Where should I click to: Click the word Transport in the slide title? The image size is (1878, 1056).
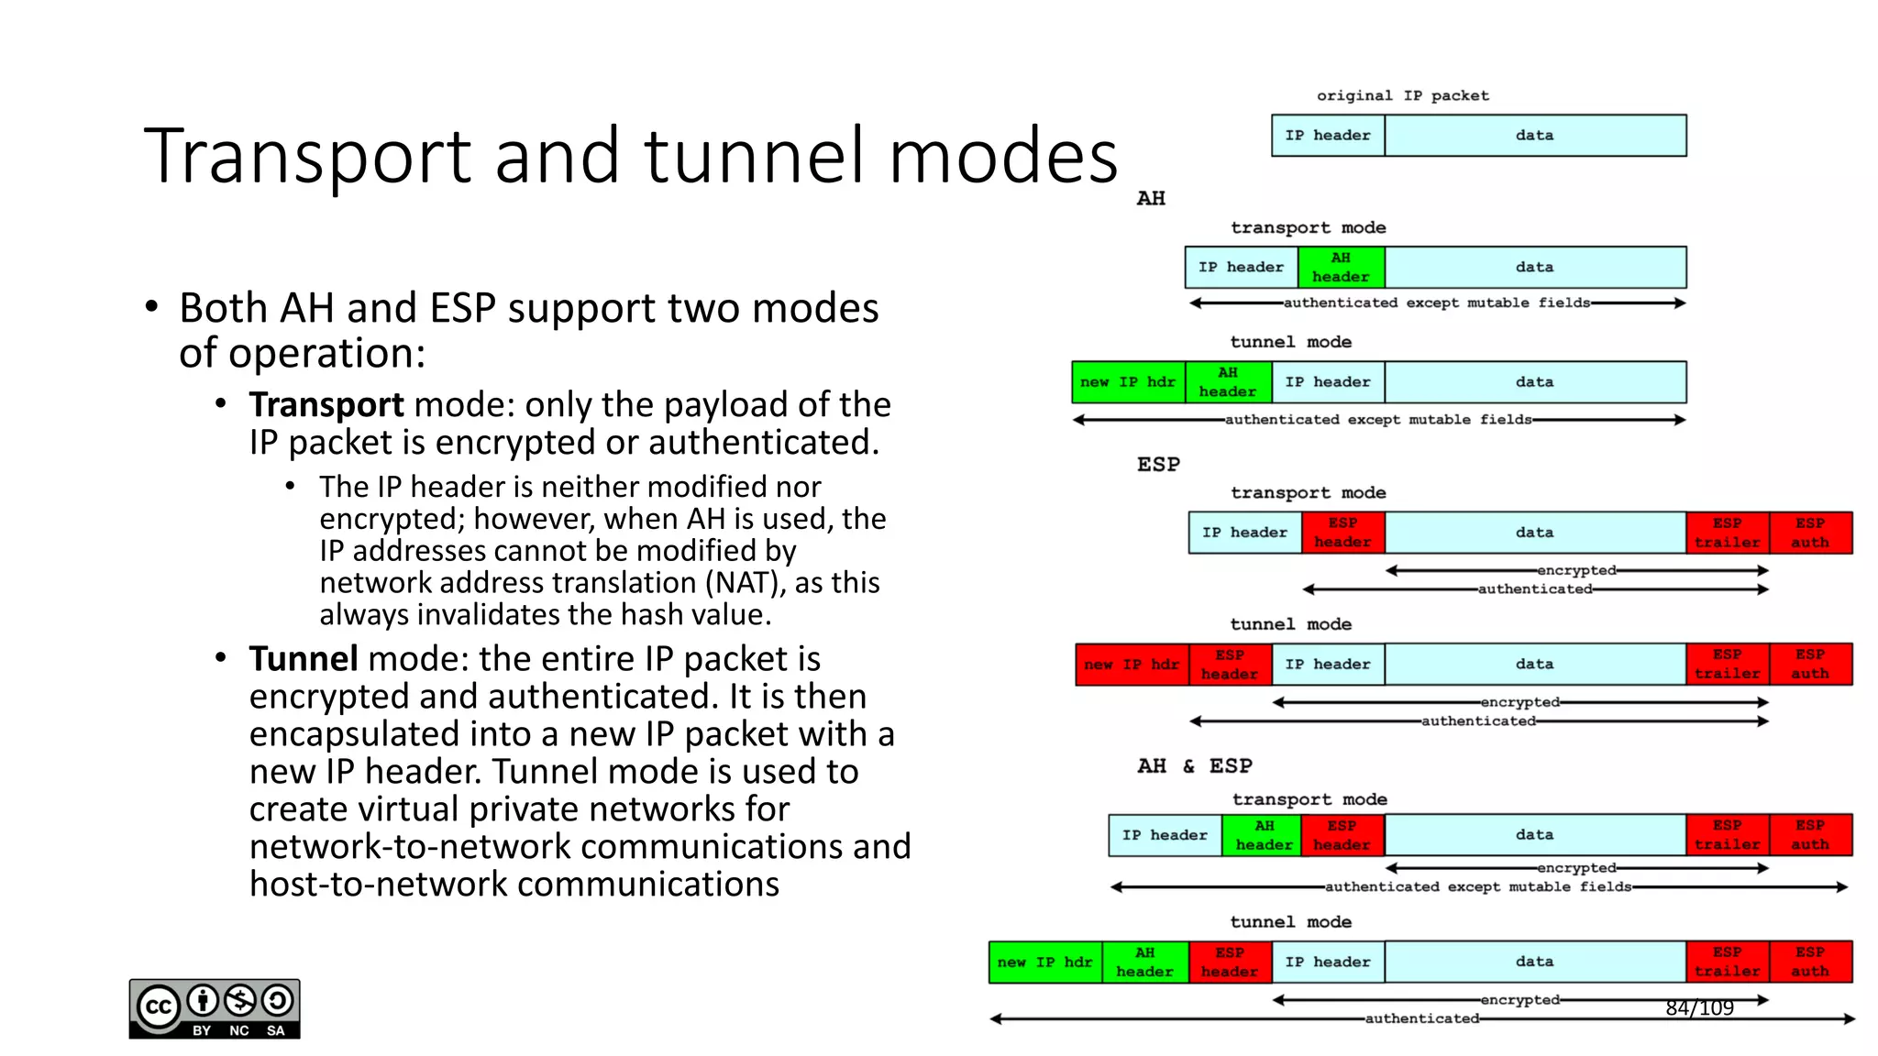307,156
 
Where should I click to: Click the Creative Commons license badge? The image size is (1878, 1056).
215,1008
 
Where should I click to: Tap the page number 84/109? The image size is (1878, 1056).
1699,1008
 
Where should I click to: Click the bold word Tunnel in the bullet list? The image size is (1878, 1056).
303,659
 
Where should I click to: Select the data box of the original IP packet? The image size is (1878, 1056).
1534,136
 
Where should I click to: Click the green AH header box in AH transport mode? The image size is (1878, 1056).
1340,268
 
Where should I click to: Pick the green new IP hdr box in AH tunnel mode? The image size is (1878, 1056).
1127,382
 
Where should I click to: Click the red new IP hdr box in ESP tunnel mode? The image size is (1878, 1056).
1132,665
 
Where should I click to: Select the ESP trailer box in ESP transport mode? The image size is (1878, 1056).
1727,533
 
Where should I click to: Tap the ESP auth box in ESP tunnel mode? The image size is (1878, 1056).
1809,665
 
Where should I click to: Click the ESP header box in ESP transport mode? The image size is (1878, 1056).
1342,533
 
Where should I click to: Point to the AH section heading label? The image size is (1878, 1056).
1151,198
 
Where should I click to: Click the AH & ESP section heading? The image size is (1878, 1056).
1194,765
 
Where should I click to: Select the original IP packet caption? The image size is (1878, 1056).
1402,95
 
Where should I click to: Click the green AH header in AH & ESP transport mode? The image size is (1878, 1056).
1264,835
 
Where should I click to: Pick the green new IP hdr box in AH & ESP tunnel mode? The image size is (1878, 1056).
1044,962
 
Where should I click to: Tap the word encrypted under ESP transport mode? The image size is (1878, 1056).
1576,570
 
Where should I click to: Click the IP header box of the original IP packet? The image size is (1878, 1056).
1327,136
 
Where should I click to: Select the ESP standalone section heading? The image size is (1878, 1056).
1158,465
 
